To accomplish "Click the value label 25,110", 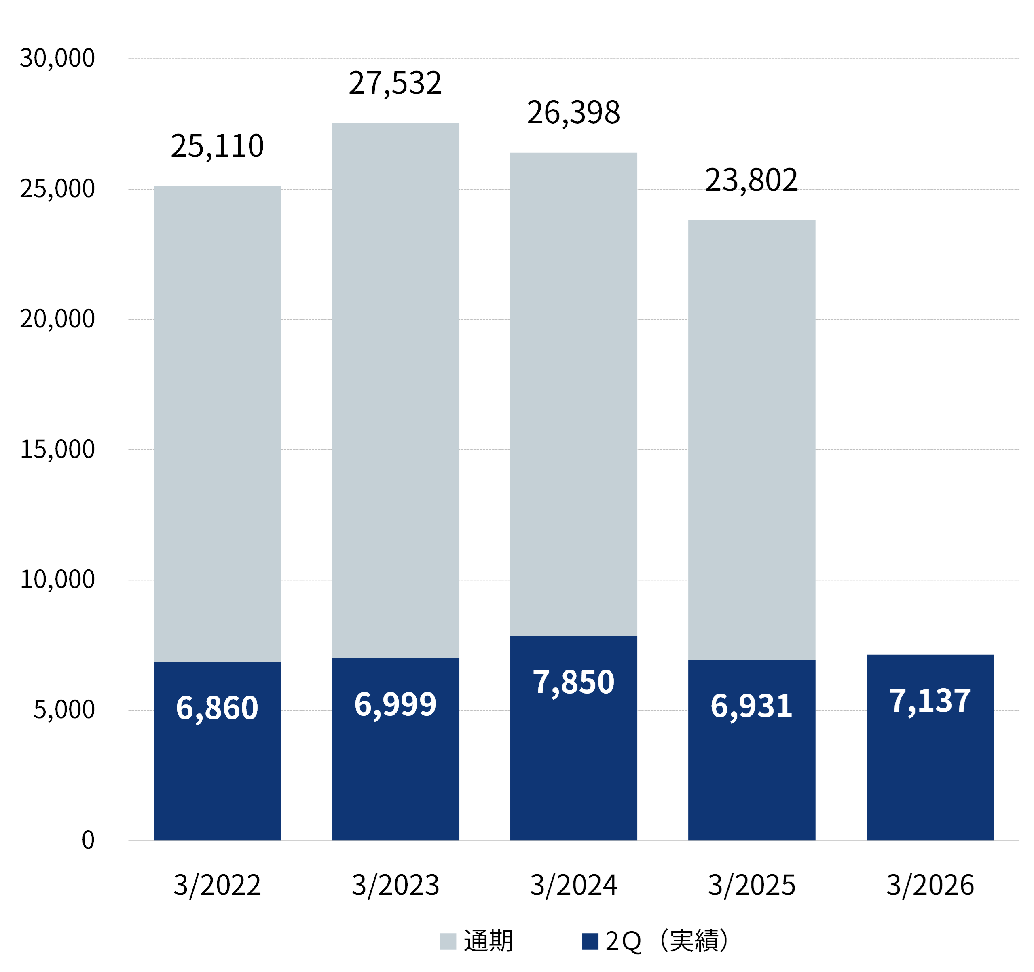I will point(218,146).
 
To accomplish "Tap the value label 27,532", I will point(395,83).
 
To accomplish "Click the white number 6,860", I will point(218,708).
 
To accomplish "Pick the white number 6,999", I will point(395,704).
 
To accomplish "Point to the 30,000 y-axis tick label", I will point(57,58).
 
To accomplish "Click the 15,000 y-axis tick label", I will point(57,449).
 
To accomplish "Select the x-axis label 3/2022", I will point(218,885).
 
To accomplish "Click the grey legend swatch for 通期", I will point(448,941).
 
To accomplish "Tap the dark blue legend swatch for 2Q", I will point(590,941).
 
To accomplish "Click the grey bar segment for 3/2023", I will point(395,390).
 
